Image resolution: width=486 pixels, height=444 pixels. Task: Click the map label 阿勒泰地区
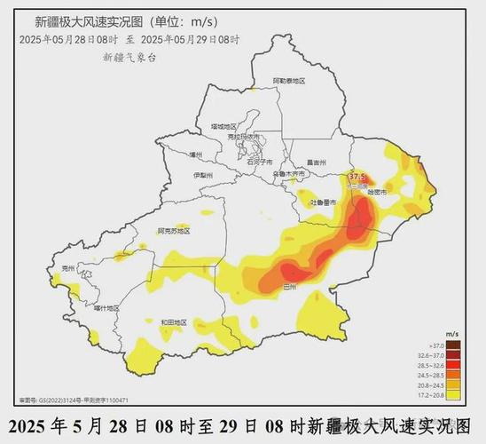[288, 81]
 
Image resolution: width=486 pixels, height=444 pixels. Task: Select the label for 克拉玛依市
[241, 137]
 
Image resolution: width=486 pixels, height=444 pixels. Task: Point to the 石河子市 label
[259, 163]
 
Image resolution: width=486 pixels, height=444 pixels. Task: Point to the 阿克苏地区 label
[173, 231]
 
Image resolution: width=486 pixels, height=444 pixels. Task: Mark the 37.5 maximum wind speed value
[357, 177]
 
